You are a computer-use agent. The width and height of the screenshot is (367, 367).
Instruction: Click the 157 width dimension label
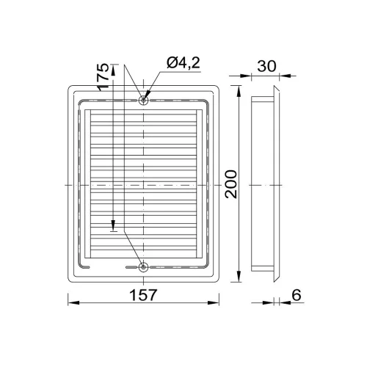coord(143,295)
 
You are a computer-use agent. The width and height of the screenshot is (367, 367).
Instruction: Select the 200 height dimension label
coord(231,184)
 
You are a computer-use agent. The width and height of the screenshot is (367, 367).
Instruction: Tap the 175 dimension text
coord(103,77)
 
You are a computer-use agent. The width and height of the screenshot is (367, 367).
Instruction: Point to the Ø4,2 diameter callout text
coord(183,62)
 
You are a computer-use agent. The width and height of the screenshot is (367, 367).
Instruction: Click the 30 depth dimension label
coord(266,66)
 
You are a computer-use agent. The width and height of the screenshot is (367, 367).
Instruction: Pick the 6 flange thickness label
coord(297,295)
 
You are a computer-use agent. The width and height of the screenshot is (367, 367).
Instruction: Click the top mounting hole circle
coord(143,100)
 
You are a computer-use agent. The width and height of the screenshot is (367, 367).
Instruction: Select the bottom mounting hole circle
coord(143,267)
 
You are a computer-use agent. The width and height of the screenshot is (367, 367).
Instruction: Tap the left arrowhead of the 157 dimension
coord(73,302)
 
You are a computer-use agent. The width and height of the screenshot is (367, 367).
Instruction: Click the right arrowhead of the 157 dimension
coord(214,302)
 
